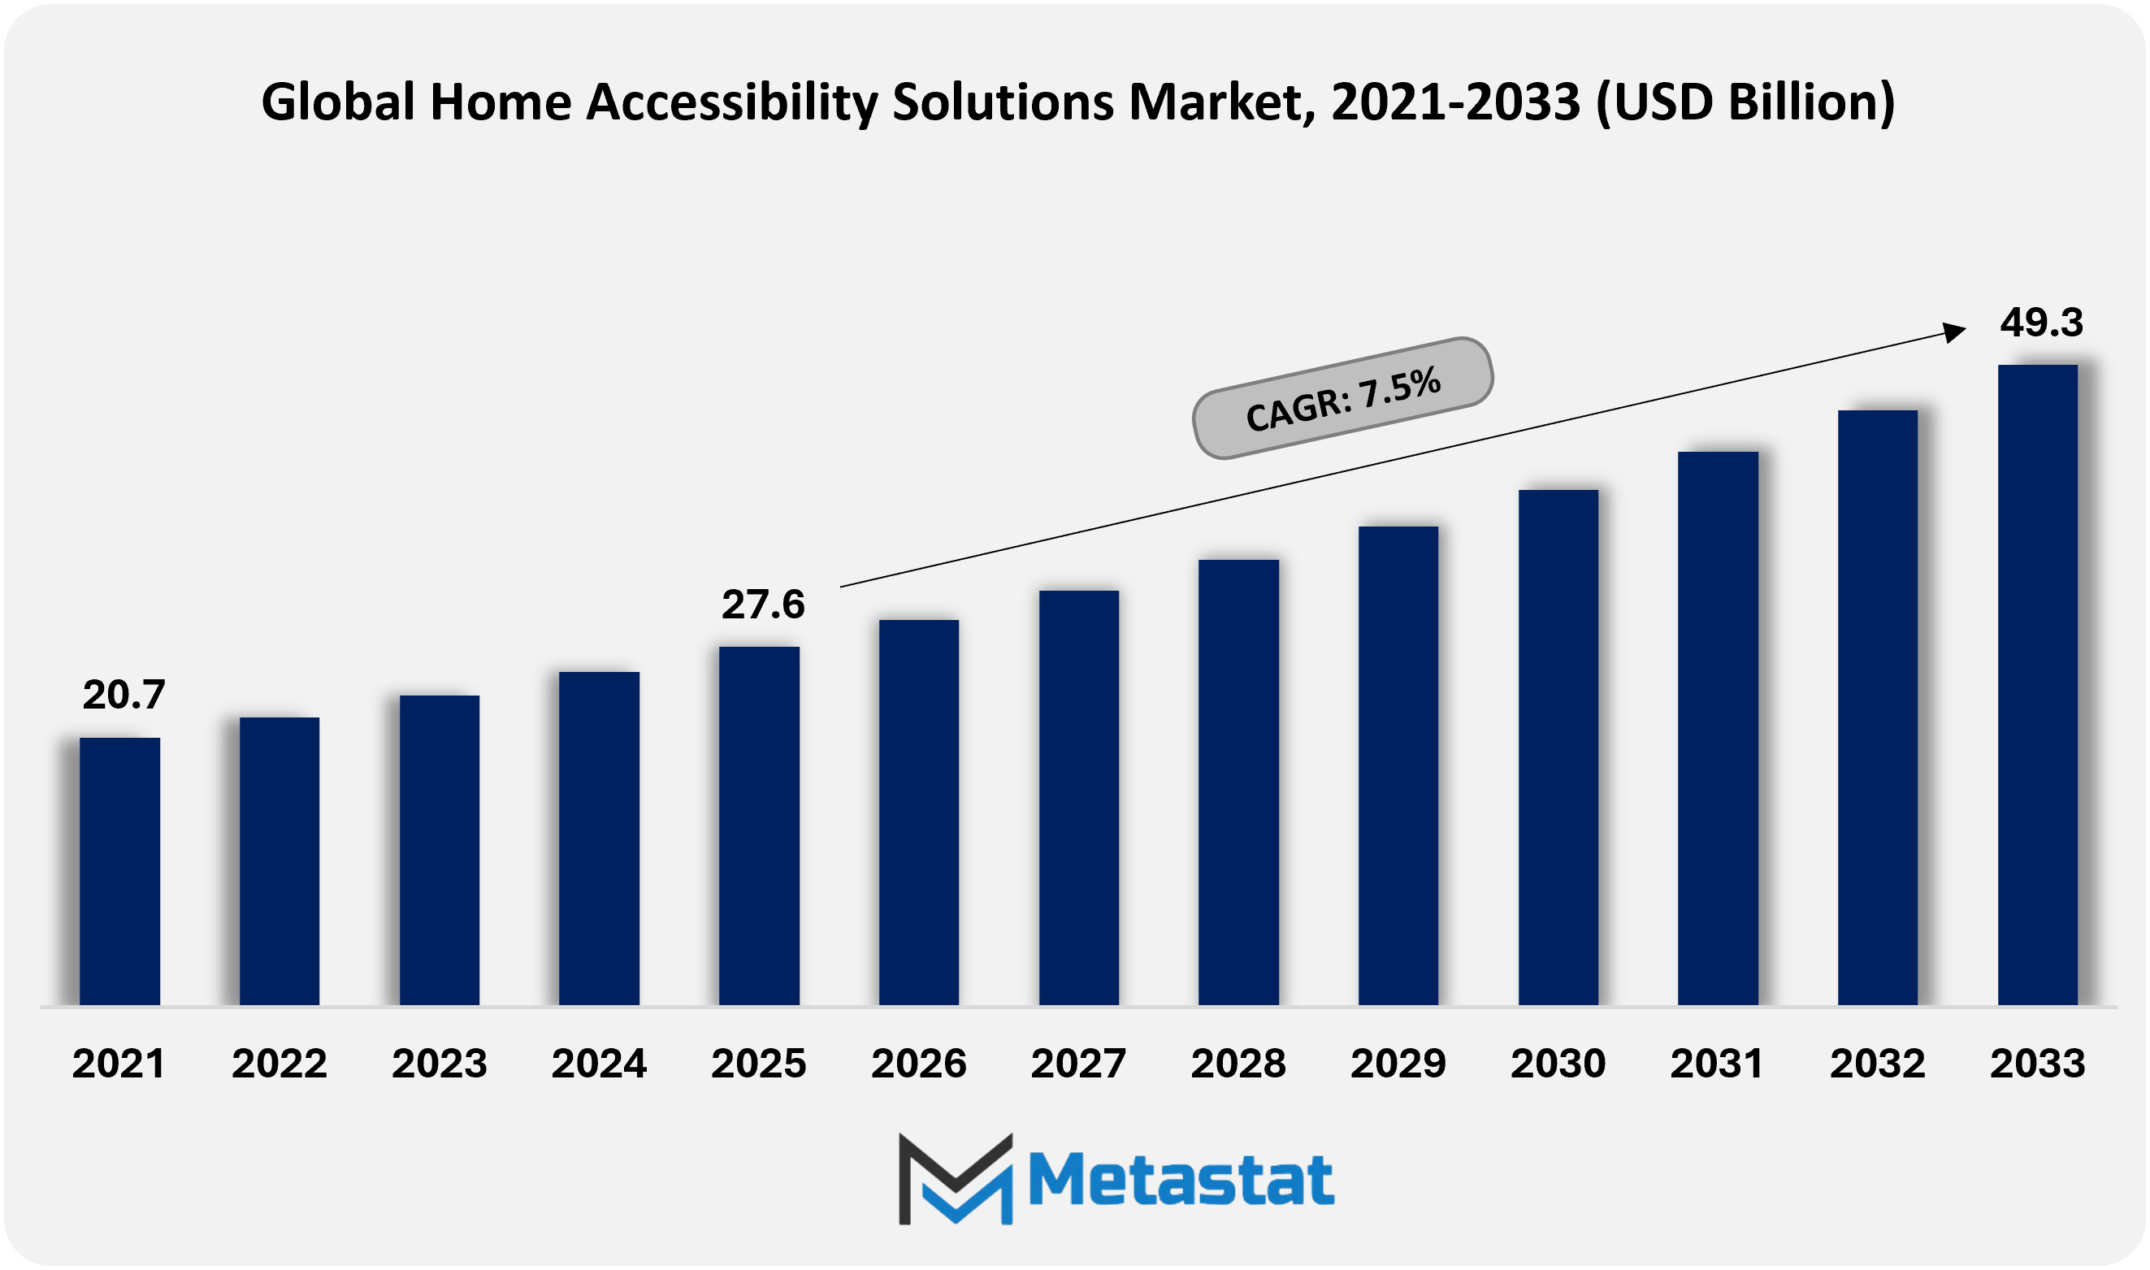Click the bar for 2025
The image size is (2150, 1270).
click(759, 826)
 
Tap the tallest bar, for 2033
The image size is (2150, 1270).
click(2037, 685)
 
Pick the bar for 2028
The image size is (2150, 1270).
click(1238, 782)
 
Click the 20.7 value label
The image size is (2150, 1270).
click(124, 695)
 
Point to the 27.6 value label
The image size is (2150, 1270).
click(762, 605)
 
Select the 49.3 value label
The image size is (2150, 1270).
click(2040, 323)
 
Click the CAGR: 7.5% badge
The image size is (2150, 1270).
click(1342, 399)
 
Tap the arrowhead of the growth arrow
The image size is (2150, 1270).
click(1954, 332)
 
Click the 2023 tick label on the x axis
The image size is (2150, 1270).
click(439, 1064)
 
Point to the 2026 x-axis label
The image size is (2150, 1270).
click(918, 1064)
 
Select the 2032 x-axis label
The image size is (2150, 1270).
click(1877, 1064)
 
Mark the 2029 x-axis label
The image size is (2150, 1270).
click(1398, 1064)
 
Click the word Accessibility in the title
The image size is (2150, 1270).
click(731, 102)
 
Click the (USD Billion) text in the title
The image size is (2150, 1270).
click(1745, 102)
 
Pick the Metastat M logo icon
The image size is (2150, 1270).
click(956, 1178)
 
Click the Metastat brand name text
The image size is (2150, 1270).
click(1181, 1180)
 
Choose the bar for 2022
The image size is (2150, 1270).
click(279, 861)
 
